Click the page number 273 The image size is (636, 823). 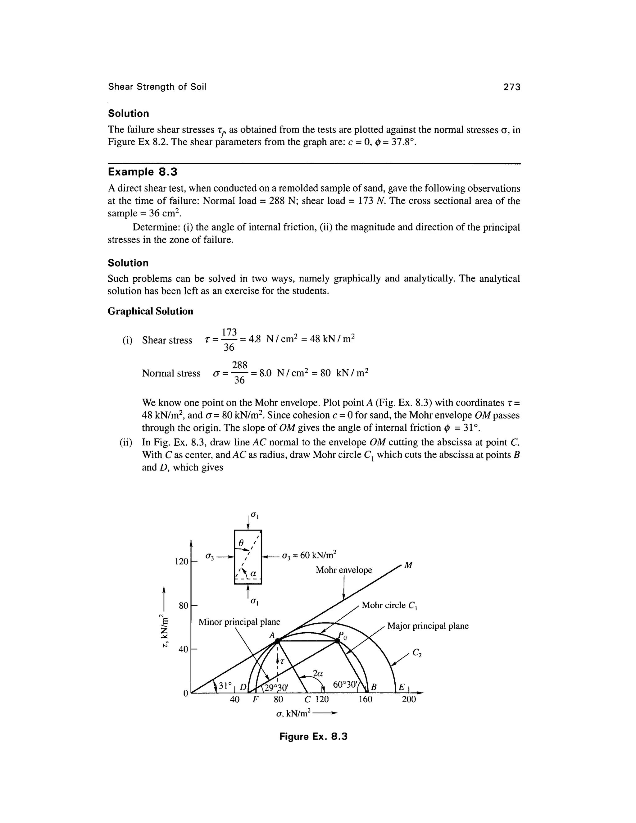coord(512,87)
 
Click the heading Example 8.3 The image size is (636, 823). coord(143,172)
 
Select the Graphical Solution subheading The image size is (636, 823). coord(150,311)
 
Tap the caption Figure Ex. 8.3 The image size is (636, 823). coord(313,736)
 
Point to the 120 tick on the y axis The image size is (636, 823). coord(182,562)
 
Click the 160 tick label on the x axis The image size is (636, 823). coord(365,699)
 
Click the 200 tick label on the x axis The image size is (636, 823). coord(409,699)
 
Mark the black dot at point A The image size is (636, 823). coord(277,640)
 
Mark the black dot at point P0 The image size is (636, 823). coord(337,640)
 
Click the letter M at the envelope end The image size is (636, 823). coord(408,566)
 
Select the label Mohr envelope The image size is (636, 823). coord(344,570)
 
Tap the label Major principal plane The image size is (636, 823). coord(428,626)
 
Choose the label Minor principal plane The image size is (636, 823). coord(239,622)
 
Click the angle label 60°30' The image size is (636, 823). coord(345,684)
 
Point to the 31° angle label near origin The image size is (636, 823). coord(225,685)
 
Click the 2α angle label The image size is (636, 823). coord(318,673)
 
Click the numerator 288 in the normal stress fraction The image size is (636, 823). coord(240,365)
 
